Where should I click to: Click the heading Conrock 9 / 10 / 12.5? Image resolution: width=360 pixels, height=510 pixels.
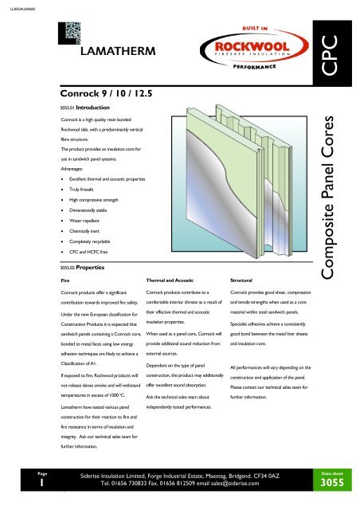pyautogui.click(x=104, y=92)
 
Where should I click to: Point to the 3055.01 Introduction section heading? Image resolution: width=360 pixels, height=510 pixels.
pyautogui.click(x=88, y=105)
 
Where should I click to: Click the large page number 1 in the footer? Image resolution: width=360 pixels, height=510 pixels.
pyautogui.click(x=23, y=483)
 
